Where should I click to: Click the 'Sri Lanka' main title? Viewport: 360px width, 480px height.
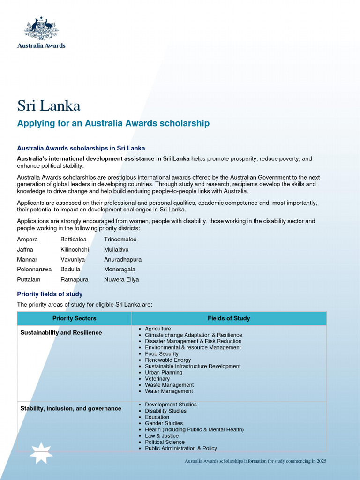point(49,105)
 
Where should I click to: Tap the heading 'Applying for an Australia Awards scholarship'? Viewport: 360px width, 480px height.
point(113,123)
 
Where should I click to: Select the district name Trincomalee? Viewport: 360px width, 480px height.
point(120,240)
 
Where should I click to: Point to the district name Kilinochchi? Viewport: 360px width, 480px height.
point(75,249)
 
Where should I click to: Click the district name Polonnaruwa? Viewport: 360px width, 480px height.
point(34,270)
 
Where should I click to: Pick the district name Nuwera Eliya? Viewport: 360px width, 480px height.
point(121,279)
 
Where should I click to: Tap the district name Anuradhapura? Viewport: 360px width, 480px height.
point(123,259)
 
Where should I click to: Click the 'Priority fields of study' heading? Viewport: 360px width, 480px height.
point(50,294)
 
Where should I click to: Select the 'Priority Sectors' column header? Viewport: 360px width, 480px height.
point(74,318)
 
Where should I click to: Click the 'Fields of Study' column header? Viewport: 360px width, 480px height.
point(229,318)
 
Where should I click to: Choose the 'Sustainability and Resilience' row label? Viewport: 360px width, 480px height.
point(61,333)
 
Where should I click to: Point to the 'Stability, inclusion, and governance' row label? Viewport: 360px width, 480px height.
point(71,409)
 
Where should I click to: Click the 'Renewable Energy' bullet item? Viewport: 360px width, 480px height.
point(168,360)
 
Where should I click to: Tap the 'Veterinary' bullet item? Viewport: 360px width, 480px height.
point(157,379)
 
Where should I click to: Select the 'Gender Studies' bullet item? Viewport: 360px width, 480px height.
point(164,423)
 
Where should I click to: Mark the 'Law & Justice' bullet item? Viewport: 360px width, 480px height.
point(162,436)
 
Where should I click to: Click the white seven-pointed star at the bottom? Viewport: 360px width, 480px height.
point(41,453)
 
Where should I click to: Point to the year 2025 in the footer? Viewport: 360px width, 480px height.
point(321,461)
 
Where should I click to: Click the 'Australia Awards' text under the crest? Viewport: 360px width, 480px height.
point(41,45)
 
